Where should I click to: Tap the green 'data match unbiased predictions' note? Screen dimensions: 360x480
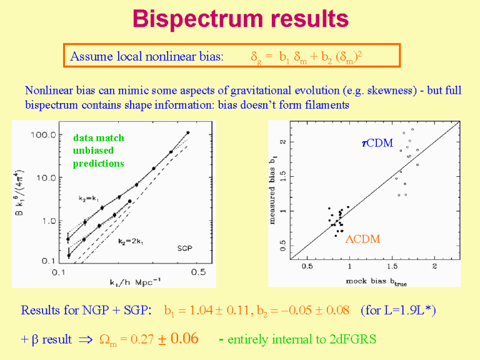coord(98,151)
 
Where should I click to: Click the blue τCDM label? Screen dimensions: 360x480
coord(377,143)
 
